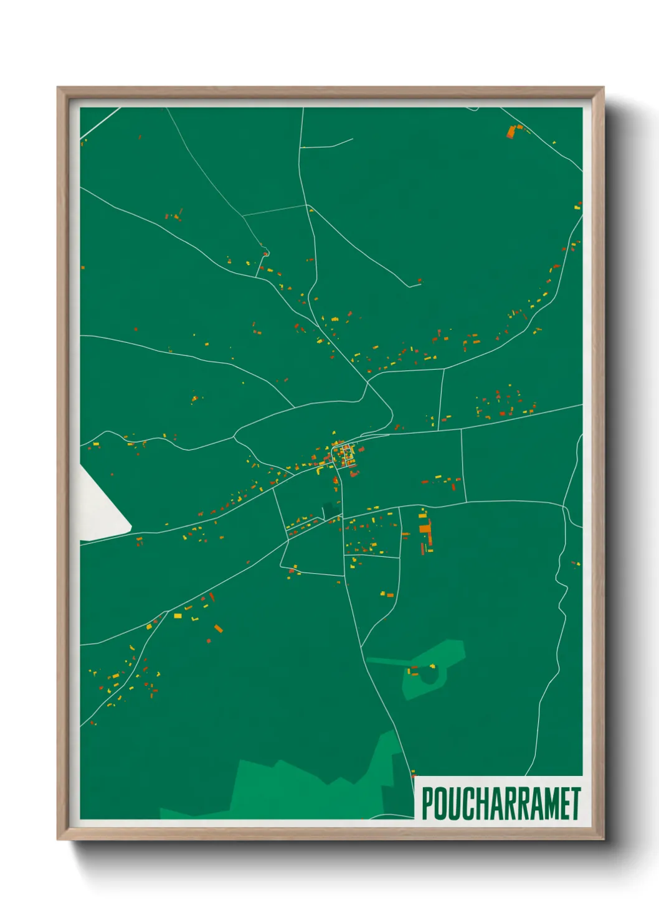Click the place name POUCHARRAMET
click(x=501, y=803)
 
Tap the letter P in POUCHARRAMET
click(x=427, y=803)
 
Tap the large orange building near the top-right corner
click(x=511, y=132)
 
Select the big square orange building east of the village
click(x=425, y=528)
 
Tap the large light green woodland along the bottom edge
click(x=299, y=787)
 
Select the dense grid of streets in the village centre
click(x=344, y=456)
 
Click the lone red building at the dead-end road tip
click(x=419, y=281)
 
